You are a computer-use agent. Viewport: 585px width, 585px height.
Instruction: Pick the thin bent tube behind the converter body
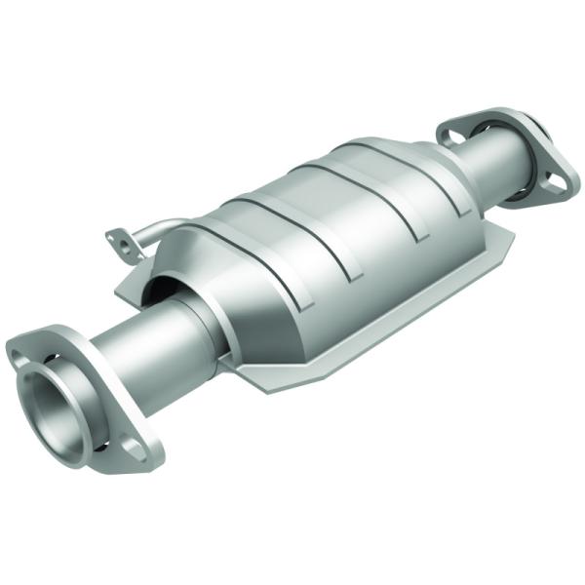tap(156, 230)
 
